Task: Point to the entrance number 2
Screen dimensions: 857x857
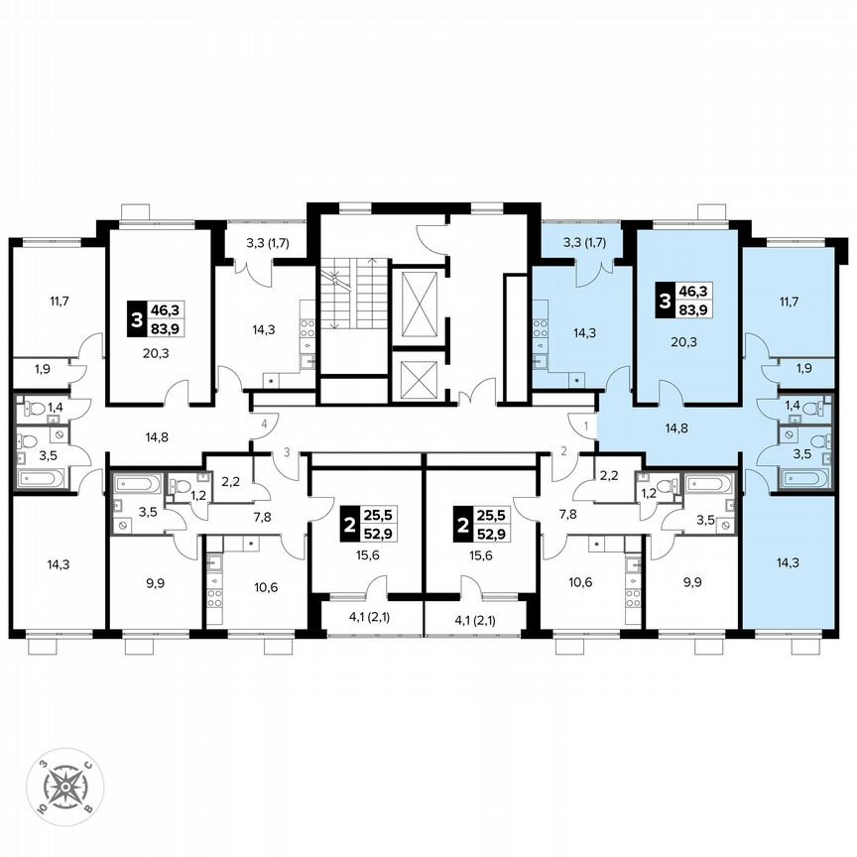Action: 562,452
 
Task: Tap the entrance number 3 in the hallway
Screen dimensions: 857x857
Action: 287,452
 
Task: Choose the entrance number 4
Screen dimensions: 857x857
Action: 264,426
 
